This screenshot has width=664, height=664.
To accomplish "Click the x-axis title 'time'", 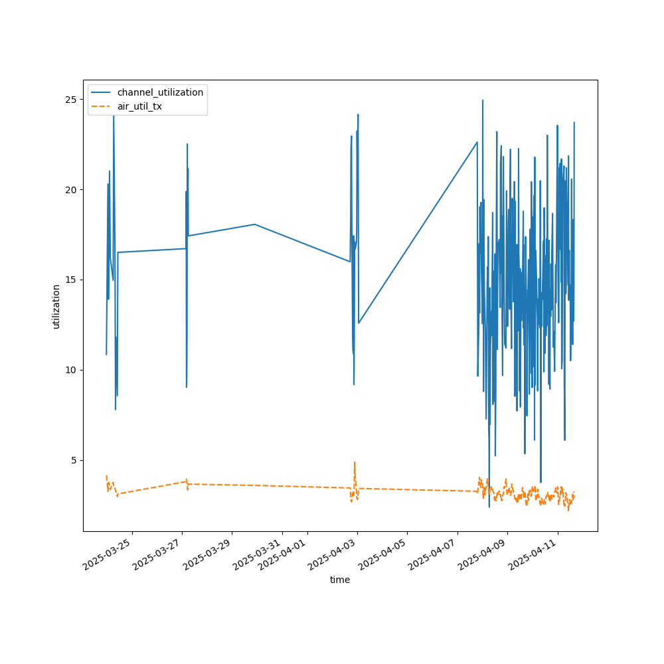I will [x=340, y=580].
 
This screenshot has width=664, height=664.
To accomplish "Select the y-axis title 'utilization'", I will [x=56, y=306].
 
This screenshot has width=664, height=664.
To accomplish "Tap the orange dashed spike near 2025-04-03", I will [x=355, y=463].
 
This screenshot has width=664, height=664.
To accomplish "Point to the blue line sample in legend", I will [x=102, y=92].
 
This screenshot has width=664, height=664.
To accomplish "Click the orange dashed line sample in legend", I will [x=102, y=106].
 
